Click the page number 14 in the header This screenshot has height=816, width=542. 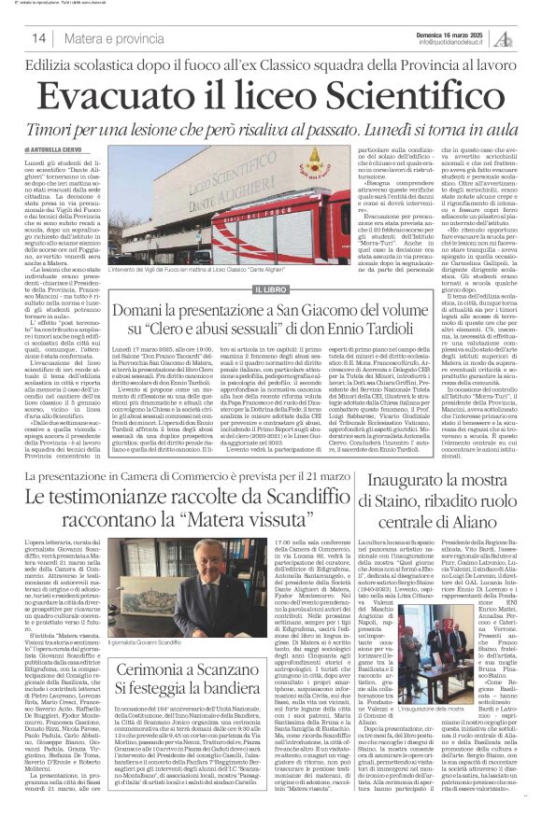pos(39,38)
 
